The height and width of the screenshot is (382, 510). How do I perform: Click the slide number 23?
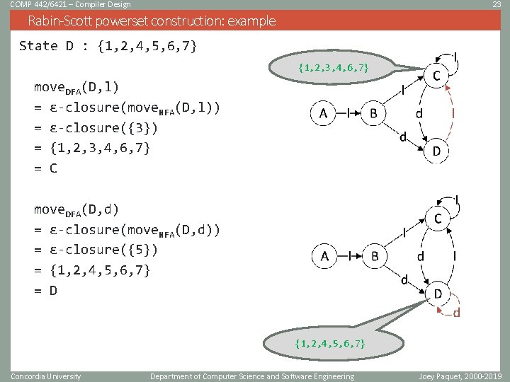pyautogui.click(x=497, y=5)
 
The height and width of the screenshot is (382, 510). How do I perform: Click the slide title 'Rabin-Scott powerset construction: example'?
pyautogui.click(x=152, y=21)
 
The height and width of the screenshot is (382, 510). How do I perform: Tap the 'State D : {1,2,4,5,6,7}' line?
pyautogui.click(x=108, y=47)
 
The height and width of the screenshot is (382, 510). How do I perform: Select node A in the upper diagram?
pyautogui.click(x=322, y=113)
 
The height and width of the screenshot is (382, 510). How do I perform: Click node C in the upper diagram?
pyautogui.click(x=437, y=76)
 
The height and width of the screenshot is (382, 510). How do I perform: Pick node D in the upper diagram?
pyautogui.click(x=437, y=151)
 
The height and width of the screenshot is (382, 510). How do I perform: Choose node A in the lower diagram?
pyautogui.click(x=324, y=256)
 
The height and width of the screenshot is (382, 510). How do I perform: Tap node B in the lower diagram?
pyautogui.click(x=375, y=256)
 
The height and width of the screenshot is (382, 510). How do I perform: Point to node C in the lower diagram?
pyautogui.click(x=438, y=219)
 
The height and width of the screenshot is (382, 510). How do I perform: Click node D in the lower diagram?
pyautogui.click(x=438, y=294)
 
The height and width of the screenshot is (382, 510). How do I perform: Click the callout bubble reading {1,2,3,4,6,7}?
pyautogui.click(x=333, y=68)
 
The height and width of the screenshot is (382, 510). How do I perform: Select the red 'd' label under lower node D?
pyautogui.click(x=456, y=313)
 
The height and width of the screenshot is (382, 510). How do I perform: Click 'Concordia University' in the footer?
pyautogui.click(x=46, y=376)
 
